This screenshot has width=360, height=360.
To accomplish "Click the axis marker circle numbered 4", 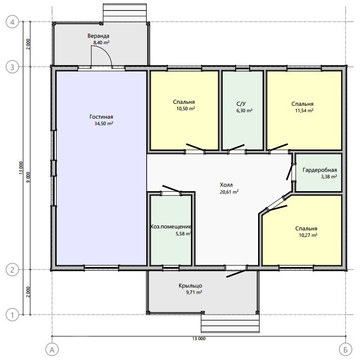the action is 12,22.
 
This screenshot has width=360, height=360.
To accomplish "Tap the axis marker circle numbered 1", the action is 12,315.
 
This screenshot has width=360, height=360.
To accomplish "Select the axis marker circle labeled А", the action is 52,350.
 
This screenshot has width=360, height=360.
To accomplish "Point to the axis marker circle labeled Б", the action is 346,350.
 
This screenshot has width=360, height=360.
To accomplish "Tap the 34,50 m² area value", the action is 104,124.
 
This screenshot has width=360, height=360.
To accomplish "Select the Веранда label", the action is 98,36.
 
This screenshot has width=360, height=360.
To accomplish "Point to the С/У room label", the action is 241,104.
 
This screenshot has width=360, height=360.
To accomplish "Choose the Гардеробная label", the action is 320,170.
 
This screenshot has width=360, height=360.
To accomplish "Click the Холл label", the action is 226,185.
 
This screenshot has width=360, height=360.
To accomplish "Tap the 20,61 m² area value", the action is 229,192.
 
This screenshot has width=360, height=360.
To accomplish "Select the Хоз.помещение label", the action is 171,227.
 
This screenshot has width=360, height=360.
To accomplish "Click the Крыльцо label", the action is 190,286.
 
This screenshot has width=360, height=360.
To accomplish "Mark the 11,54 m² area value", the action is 304,111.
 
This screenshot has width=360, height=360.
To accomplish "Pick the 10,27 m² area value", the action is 308,235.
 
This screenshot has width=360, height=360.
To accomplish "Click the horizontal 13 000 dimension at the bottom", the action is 199,339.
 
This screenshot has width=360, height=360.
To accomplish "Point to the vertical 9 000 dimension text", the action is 28,177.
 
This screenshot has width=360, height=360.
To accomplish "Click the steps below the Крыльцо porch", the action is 230,323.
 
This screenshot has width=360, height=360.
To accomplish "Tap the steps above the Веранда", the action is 125,12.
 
